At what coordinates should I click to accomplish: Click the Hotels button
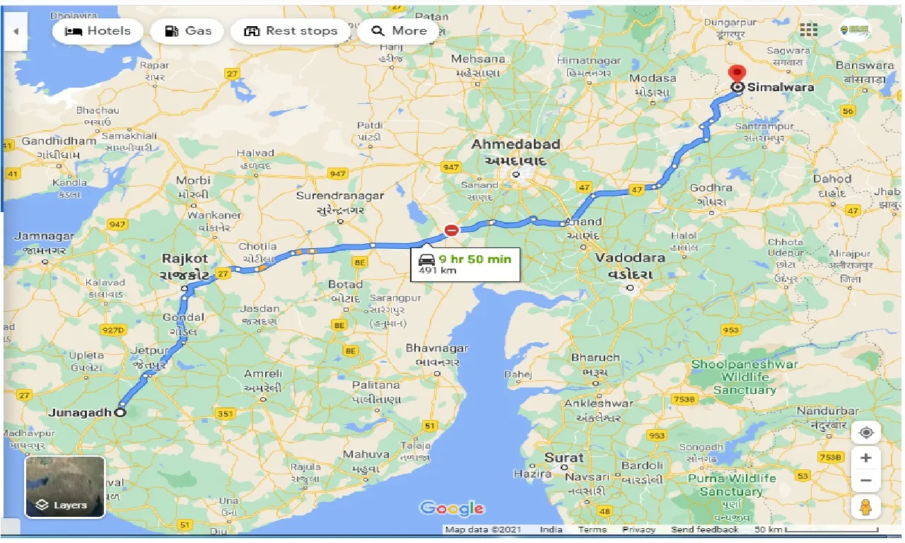[98, 31]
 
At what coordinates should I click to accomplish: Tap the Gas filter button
[188, 31]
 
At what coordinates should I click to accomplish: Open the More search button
[399, 31]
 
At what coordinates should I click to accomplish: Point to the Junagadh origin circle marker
[120, 412]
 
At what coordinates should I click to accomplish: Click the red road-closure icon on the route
[451, 230]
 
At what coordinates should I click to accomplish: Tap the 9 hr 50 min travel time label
[474, 259]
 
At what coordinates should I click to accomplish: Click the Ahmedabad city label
[515, 144]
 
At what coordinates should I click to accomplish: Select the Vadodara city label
[630, 258]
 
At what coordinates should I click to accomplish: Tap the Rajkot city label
[185, 259]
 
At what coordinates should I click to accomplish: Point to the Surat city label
[564, 457]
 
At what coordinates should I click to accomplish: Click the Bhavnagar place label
[436, 349]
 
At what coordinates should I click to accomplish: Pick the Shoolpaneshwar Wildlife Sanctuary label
[744, 377]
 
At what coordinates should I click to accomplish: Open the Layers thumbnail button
[65, 487]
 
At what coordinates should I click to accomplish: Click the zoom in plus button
[866, 457]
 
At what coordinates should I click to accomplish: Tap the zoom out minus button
[866, 481]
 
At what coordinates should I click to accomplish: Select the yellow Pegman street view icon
[866, 508]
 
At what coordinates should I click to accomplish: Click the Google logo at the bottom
[452, 508]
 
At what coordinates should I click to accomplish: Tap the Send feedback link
[704, 530]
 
